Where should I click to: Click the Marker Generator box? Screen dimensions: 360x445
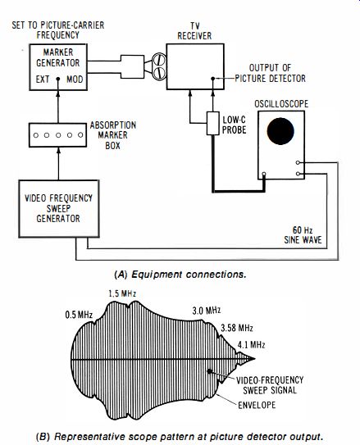[x=58, y=67]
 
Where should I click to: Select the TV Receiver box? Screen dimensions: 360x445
[x=195, y=66]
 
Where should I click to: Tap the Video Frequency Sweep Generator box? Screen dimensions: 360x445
[x=59, y=209]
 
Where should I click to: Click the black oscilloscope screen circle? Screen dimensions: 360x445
[x=280, y=131]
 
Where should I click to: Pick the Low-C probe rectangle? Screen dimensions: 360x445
[x=212, y=123]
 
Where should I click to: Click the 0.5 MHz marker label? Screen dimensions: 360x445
[x=79, y=315]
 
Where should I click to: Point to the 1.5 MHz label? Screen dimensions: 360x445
[x=122, y=293]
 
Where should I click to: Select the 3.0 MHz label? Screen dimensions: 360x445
[x=207, y=311]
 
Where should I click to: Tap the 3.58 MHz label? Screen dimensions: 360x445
[x=237, y=328]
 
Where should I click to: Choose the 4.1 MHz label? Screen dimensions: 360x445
[x=251, y=345]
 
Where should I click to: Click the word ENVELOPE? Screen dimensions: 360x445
[x=257, y=405]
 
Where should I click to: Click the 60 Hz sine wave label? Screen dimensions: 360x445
[x=303, y=235]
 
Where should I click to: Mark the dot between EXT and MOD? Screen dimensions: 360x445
[x=58, y=79]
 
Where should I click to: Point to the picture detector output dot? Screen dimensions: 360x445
[x=213, y=79]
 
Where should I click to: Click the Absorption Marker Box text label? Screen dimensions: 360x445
[x=113, y=135]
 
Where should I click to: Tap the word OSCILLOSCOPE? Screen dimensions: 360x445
[x=281, y=104]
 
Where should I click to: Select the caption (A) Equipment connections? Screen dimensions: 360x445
[x=180, y=275]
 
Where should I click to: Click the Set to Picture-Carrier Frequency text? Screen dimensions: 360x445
[x=58, y=30]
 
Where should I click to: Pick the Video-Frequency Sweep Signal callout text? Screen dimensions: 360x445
[x=270, y=385]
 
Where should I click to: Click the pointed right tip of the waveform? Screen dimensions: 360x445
[x=255, y=359]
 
